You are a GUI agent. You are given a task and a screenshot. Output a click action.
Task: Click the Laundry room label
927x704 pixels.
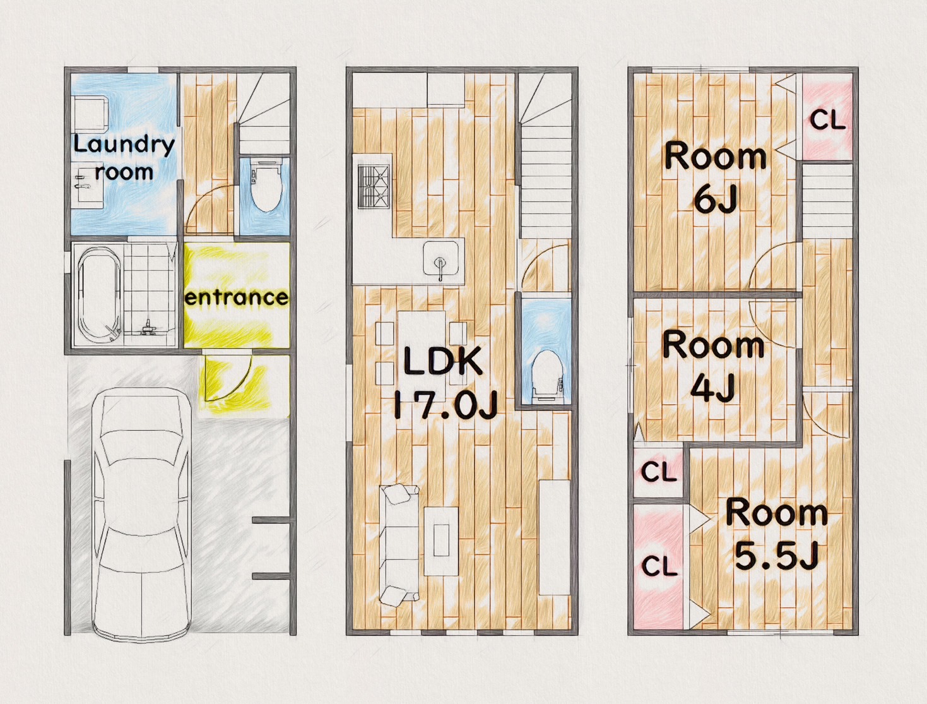click(x=124, y=158)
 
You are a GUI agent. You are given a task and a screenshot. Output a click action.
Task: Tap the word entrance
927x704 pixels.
click(x=237, y=297)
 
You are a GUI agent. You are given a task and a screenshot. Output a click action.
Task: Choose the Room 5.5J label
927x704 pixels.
click(x=777, y=534)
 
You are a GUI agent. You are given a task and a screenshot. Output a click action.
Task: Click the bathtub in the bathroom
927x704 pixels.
click(x=100, y=294)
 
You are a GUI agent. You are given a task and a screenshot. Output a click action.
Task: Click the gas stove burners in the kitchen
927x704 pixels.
click(x=374, y=187)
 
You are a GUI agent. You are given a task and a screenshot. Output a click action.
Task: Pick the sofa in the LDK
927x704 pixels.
click(x=399, y=545)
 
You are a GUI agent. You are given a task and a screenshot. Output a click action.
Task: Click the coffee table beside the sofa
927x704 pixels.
click(x=441, y=541)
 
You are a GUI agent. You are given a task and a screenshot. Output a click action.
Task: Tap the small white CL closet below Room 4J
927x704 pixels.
click(x=658, y=472)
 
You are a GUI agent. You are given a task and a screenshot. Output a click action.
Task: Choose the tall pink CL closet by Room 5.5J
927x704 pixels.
click(x=658, y=566)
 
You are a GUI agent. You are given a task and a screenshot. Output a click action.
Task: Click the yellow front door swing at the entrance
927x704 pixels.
click(x=228, y=378)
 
